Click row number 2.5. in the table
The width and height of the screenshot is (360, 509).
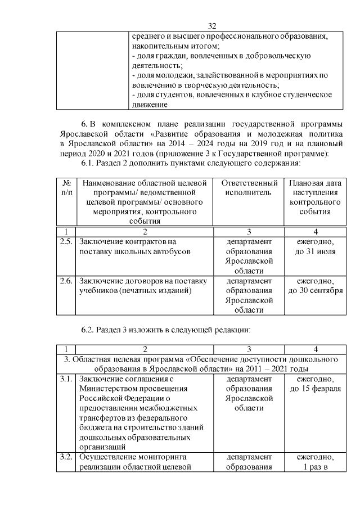66,241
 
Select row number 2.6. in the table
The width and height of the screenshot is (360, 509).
66,281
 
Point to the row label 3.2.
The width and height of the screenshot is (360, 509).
66,457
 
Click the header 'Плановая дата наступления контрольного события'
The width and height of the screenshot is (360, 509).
315,197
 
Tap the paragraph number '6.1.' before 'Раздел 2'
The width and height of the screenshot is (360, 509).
89,163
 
